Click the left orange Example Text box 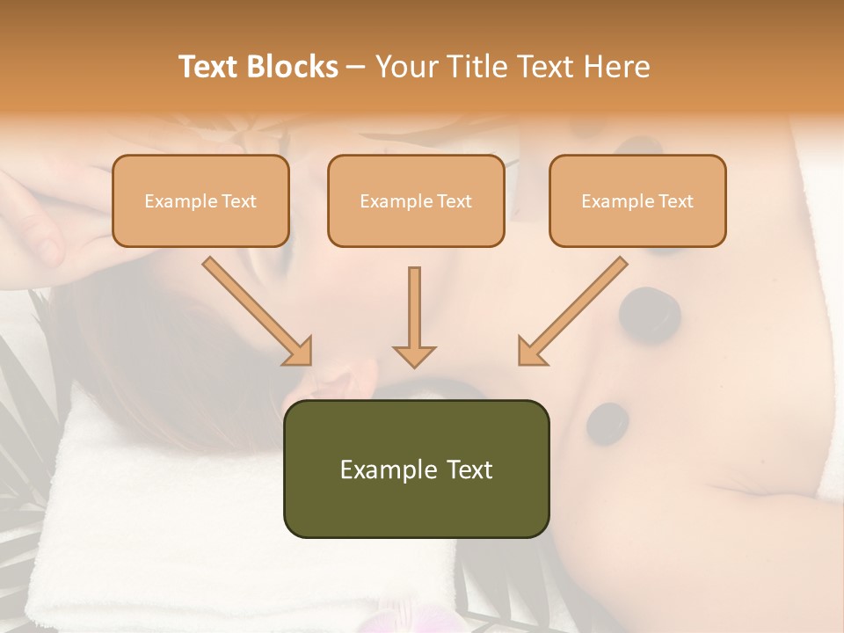pos(200,201)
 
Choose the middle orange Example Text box pos(416,201)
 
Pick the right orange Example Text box pos(637,201)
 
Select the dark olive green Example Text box pos(416,469)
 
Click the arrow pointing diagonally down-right pos(258,312)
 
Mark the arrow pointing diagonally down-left pos(571,312)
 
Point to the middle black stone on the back pos(650,312)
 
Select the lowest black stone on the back pos(607,422)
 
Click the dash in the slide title pos(357,67)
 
